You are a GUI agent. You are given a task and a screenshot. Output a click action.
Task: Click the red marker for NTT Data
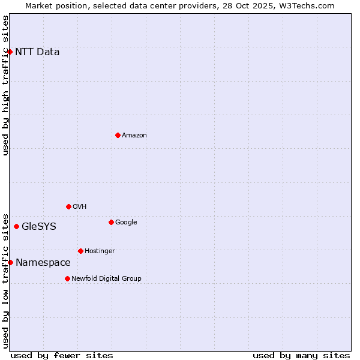pos(10,52)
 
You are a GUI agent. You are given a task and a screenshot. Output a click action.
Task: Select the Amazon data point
pos(118,135)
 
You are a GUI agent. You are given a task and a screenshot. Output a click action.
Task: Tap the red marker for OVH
pos(68,206)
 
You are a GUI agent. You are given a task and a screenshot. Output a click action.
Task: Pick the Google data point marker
pos(111,222)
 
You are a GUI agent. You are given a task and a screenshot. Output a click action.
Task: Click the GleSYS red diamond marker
pos(16,226)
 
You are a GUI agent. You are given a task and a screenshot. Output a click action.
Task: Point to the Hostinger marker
pos(80,251)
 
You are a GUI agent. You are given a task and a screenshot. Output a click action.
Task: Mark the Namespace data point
pos(10,262)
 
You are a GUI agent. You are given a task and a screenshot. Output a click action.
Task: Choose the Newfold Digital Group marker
pos(67,278)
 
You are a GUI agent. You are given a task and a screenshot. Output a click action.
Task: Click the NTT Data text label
pos(37,52)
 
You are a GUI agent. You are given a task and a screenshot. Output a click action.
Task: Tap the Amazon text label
pos(134,135)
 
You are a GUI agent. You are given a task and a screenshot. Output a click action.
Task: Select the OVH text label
pos(80,206)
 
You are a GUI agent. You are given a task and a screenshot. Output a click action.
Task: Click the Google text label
pos(126,222)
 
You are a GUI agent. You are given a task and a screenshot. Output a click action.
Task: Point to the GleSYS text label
pos(39,226)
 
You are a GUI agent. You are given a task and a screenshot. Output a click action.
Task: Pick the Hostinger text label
pos(100,251)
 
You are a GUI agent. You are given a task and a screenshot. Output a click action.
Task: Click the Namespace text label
pos(43,262)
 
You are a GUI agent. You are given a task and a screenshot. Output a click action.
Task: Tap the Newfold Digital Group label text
pos(106,278)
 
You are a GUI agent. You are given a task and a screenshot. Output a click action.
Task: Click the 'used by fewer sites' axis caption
pos(62,355)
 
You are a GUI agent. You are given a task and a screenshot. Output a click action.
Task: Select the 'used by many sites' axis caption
pos(301,355)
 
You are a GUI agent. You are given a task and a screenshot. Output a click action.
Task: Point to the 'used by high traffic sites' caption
pos(5,85)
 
